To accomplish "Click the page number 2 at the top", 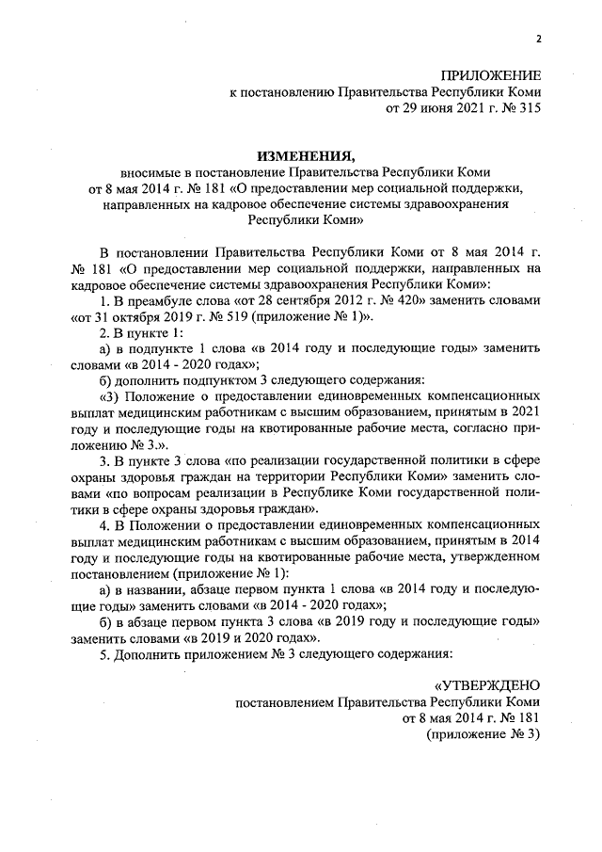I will [539, 39].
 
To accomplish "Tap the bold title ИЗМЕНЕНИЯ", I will [300, 156].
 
